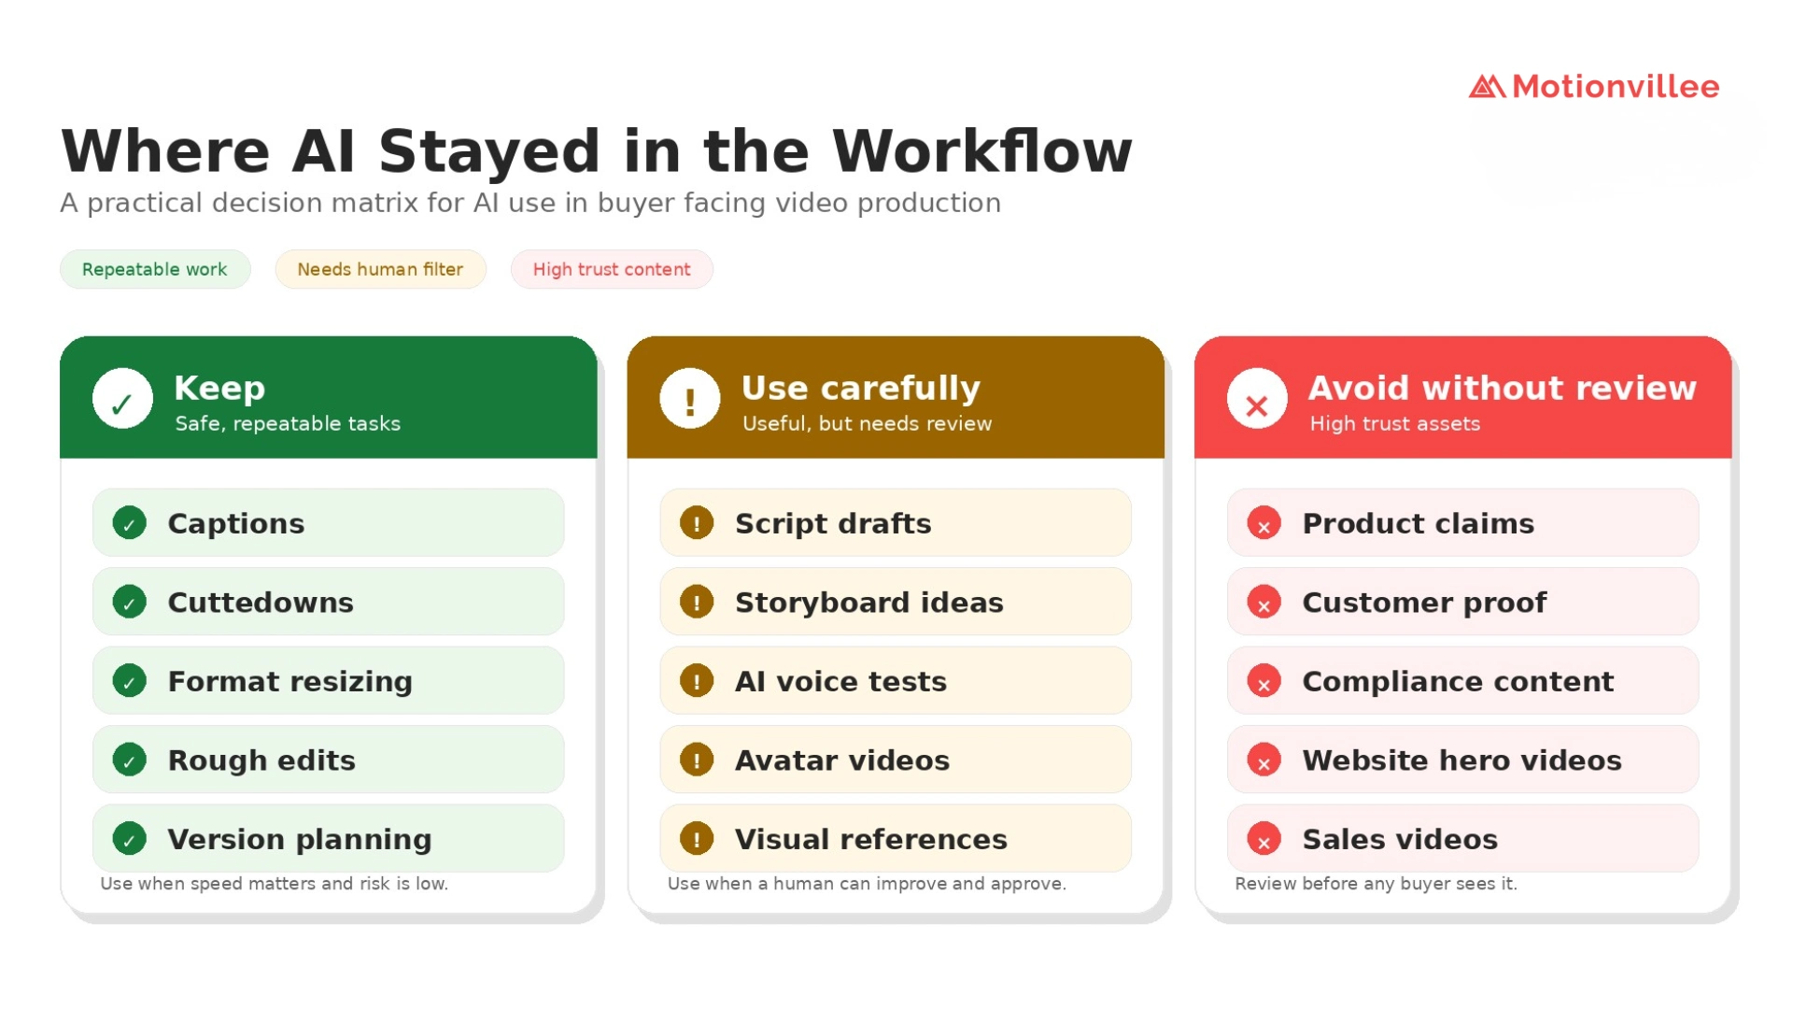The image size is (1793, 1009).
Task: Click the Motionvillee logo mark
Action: pyautogui.click(x=1487, y=87)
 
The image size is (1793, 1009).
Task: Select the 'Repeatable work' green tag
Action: pyautogui.click(x=155, y=269)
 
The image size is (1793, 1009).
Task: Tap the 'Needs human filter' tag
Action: pyautogui.click(x=380, y=269)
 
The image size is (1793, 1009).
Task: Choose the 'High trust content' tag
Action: pyautogui.click(x=612, y=269)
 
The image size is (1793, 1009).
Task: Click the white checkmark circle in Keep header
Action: pyautogui.click(x=122, y=399)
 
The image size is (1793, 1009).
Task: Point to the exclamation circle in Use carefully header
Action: pyautogui.click(x=690, y=399)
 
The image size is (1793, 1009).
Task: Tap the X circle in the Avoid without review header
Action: pyautogui.click(x=1257, y=399)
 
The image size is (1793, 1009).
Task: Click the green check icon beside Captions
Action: pyautogui.click(x=130, y=523)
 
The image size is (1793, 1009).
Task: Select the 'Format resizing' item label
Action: pyautogui.click(x=290, y=681)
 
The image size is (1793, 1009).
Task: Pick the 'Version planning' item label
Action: pyautogui.click(x=300, y=839)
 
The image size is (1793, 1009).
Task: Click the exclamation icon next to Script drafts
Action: pyautogui.click(x=697, y=523)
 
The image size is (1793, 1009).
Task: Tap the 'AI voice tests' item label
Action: pyautogui.click(x=840, y=681)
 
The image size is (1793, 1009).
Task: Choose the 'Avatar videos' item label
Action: pyautogui.click(x=842, y=760)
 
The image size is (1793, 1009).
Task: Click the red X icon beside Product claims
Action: pyautogui.click(x=1264, y=523)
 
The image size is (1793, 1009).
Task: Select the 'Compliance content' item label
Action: pyautogui.click(x=1458, y=681)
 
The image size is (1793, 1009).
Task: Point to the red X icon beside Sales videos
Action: pyautogui.click(x=1264, y=839)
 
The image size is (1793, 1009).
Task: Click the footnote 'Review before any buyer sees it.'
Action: pyautogui.click(x=1376, y=884)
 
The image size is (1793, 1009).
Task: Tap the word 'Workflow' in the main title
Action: pyautogui.click(x=982, y=151)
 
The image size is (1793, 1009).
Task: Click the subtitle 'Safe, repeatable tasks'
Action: pyautogui.click(x=288, y=424)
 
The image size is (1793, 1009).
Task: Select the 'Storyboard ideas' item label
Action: pyautogui.click(x=869, y=603)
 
